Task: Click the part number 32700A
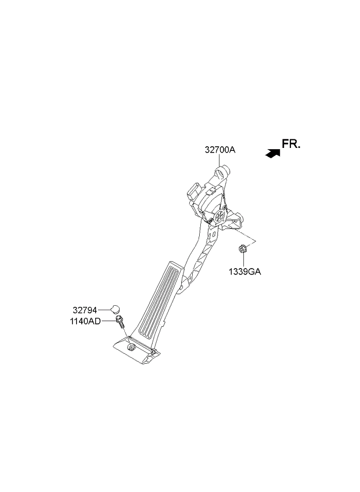[x=220, y=150]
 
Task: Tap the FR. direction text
[x=291, y=144]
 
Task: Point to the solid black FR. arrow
[x=273, y=153]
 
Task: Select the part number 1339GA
[x=244, y=272]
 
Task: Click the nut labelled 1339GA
[x=243, y=249]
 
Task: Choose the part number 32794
[x=85, y=310]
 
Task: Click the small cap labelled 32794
[x=116, y=309]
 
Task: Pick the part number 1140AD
[x=85, y=321]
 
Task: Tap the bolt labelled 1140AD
[x=120, y=321]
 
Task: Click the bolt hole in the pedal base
[x=132, y=347]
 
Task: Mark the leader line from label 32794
[x=104, y=310]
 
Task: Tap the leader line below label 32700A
[x=219, y=161]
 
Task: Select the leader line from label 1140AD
[x=109, y=321]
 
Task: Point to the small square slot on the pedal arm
[x=214, y=234]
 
